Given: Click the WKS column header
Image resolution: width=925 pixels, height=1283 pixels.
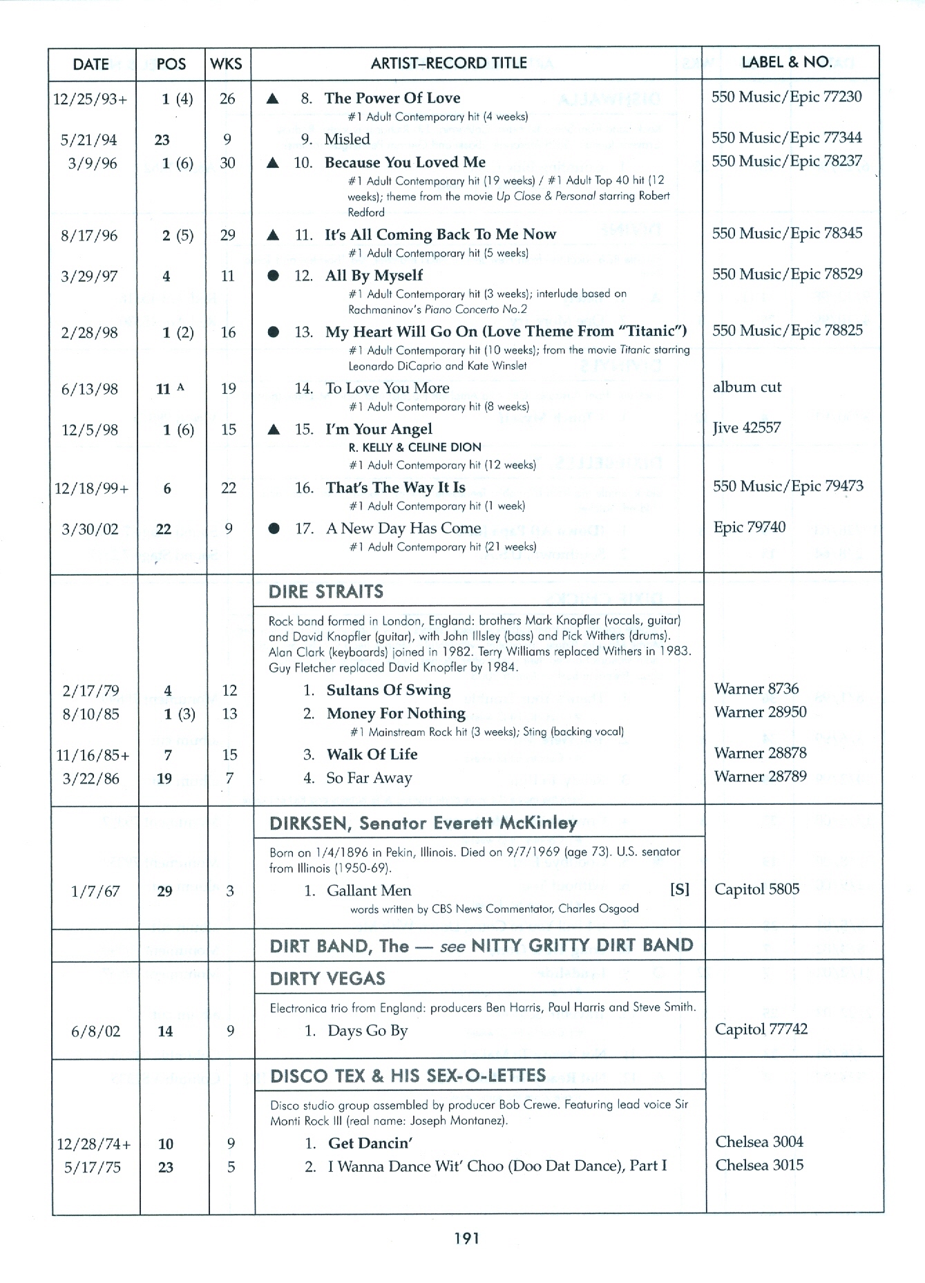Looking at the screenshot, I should (226, 64).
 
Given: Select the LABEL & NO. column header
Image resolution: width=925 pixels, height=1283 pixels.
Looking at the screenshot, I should (786, 62).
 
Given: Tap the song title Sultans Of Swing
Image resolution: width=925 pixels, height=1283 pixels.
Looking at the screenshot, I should (388, 690).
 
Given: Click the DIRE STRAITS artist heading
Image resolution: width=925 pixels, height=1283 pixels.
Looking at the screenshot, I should (326, 592).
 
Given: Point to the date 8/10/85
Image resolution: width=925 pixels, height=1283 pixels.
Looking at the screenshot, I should (90, 714).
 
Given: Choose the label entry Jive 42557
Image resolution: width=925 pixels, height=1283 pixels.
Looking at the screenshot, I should (747, 428).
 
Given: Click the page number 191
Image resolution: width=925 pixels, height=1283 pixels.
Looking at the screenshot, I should (467, 1238).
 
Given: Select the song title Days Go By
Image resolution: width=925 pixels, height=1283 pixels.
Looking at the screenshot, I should (368, 1031).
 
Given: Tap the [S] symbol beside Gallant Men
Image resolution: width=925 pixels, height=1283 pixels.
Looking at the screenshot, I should (680, 890).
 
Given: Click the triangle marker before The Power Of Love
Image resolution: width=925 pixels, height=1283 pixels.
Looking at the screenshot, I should (273, 99).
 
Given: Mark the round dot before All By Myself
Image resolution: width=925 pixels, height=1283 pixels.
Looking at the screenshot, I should (274, 276).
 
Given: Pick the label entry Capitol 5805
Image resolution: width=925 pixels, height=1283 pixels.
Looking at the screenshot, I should (756, 890).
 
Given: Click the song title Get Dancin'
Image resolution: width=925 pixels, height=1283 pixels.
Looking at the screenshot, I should (370, 1143).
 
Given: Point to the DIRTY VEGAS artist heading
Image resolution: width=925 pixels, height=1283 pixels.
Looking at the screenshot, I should (327, 979).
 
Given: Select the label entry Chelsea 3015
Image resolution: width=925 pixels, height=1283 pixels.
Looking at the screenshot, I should (759, 1166).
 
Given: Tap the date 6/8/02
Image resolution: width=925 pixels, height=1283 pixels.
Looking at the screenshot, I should (95, 1032).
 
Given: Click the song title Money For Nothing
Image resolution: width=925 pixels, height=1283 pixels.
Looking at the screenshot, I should (396, 714).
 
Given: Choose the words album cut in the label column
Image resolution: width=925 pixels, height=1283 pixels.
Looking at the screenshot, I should (747, 388).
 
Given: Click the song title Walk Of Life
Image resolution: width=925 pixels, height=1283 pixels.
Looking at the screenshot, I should (372, 754).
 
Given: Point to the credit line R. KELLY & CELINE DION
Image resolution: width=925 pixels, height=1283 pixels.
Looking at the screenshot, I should (415, 448).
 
